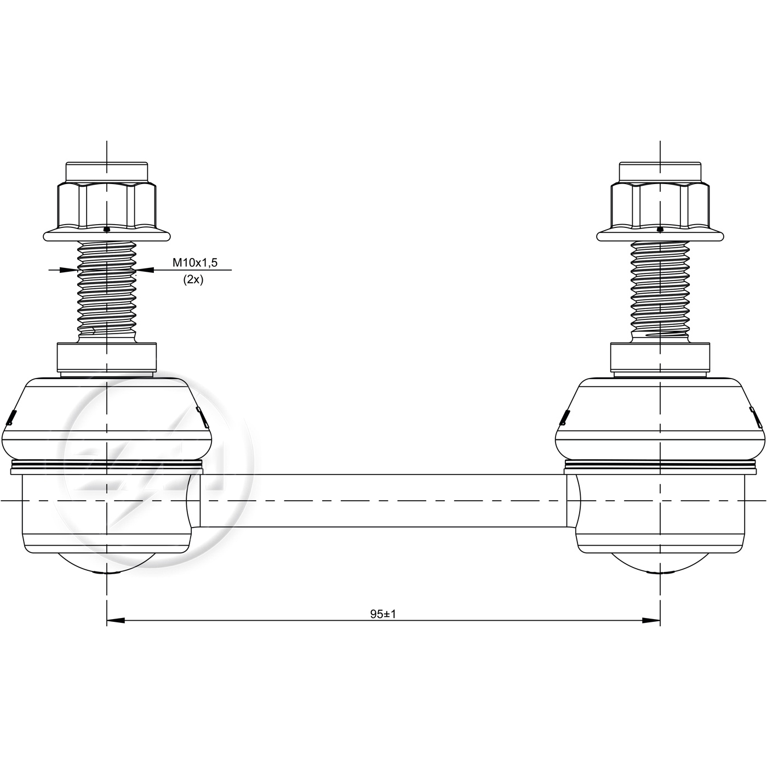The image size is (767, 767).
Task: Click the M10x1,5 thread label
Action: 194,262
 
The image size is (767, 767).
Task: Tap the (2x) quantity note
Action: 193,280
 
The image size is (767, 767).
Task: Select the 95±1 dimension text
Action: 383,614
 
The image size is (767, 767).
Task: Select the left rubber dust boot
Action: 107,419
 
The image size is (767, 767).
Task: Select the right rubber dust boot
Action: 660,419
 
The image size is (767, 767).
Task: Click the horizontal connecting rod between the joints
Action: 383,500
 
